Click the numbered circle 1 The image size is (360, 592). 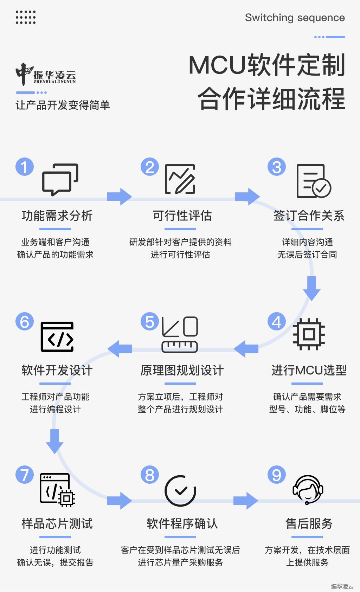pos(25,167)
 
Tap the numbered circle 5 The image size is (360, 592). pos(150,321)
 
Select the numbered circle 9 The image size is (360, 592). pos(276,475)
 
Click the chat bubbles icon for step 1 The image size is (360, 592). pos(60,180)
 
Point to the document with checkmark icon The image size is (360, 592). pos(314,181)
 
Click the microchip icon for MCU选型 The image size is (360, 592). pos(309,334)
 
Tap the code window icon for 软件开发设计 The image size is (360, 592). pos(57,336)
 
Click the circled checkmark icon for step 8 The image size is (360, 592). pos(180,491)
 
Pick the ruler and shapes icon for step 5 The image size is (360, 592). pos(180,334)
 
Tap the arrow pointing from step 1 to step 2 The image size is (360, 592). pos(120,197)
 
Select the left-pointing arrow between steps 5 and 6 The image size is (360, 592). pos(120,349)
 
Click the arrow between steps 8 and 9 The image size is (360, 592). pos(246,501)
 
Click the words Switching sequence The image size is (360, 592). pos(295,18)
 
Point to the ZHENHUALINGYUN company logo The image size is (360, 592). pos(46,75)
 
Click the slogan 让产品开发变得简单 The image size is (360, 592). pos(63,105)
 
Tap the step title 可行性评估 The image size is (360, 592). pos(182,215)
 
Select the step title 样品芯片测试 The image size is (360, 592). pos(57,523)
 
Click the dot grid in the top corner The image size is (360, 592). pos(26,18)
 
